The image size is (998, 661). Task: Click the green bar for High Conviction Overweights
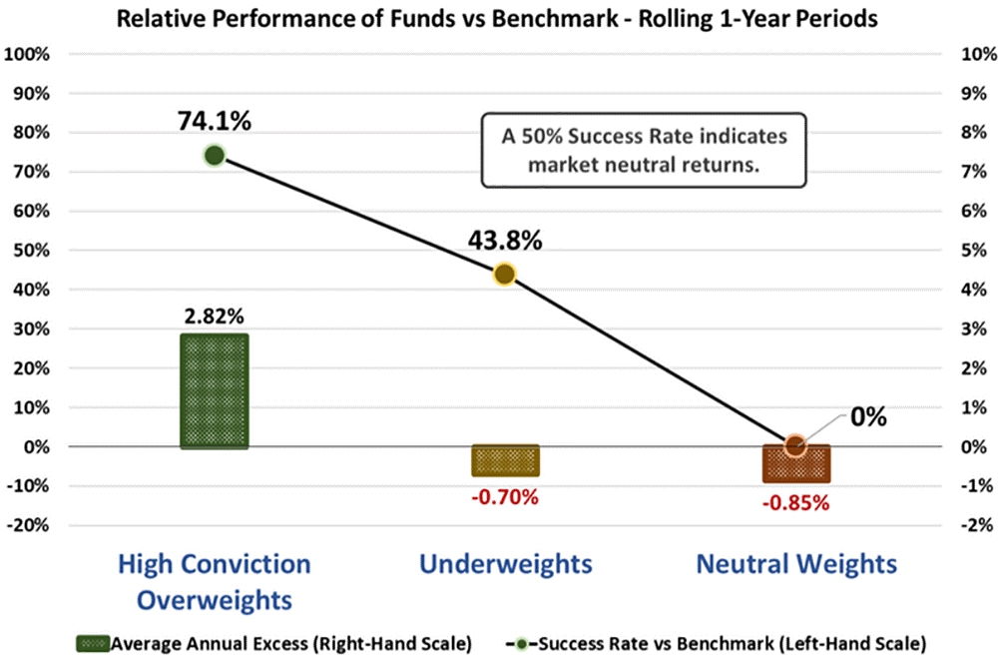[214, 390]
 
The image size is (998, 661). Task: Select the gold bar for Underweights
[505, 460]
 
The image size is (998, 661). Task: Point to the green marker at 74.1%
[214, 155]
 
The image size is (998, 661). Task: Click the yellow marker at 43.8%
[505, 274]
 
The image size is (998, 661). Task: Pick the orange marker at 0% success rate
[794, 446]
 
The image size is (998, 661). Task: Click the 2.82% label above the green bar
[213, 316]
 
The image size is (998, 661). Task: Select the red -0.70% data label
[505, 495]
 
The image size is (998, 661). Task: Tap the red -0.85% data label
[795, 502]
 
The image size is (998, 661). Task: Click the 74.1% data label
[215, 121]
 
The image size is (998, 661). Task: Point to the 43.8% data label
[505, 240]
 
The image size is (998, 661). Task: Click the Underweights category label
[505, 564]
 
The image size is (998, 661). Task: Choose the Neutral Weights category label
[795, 564]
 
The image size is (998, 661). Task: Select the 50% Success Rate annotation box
[645, 151]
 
